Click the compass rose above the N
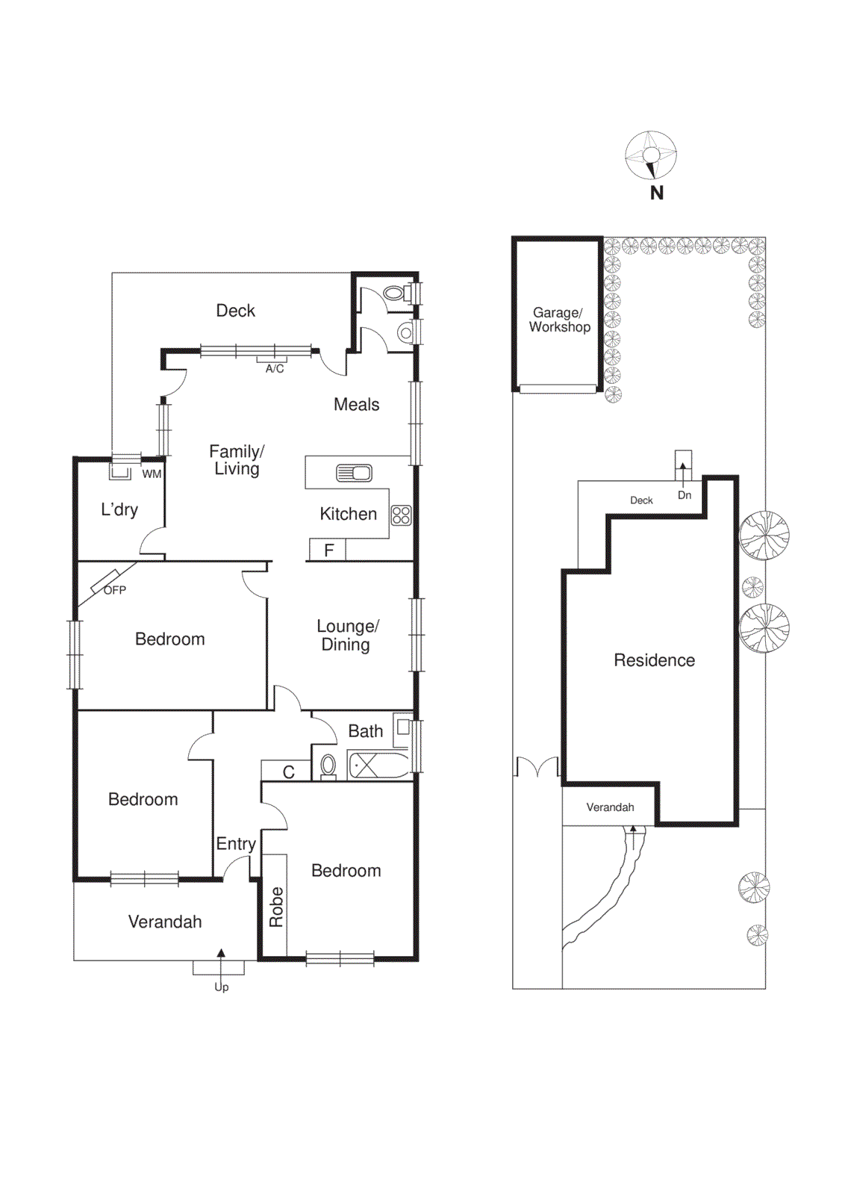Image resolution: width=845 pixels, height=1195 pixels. tap(651, 155)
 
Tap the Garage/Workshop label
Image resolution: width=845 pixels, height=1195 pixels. tap(559, 320)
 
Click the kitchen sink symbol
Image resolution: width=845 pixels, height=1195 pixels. tap(354, 473)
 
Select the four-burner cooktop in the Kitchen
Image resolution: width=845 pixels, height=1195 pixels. tap(402, 515)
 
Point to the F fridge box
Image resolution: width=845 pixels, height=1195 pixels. tap(328, 550)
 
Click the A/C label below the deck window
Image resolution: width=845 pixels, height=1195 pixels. tap(275, 368)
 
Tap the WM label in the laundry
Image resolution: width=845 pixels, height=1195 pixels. tap(152, 474)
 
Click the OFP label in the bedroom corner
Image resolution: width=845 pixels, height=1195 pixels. tap(115, 590)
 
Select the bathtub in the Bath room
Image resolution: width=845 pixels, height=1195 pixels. tap(379, 766)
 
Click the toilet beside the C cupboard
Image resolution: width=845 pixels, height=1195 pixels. tap(328, 766)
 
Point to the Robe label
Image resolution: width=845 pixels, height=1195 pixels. tap(276, 907)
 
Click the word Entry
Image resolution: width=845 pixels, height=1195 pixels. tap(236, 844)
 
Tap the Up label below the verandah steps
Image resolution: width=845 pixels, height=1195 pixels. tap(222, 987)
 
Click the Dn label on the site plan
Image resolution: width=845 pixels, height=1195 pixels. tap(685, 495)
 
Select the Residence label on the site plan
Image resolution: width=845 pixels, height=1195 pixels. tap(654, 660)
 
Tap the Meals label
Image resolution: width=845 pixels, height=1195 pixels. tap(356, 404)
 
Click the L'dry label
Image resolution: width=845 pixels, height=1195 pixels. tap(119, 509)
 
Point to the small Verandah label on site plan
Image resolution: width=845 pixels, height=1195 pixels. tap(610, 807)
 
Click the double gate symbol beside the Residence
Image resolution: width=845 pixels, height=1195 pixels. tap(537, 767)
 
